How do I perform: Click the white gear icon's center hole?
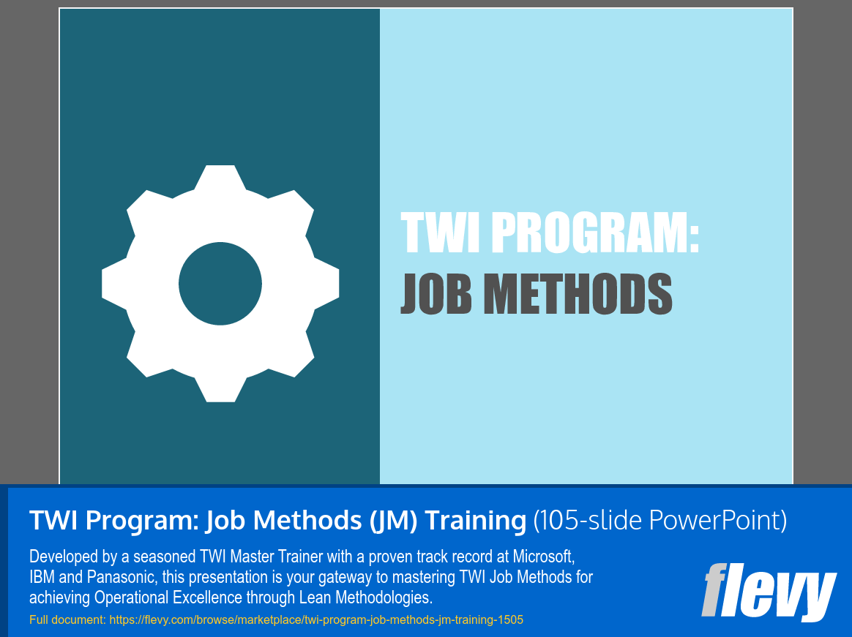(x=220, y=284)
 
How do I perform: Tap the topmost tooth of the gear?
(x=220, y=176)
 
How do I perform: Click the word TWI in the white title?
(x=440, y=233)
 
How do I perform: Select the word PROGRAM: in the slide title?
(x=595, y=233)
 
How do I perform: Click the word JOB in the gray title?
(x=436, y=294)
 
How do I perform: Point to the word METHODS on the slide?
(x=578, y=294)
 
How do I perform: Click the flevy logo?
(x=769, y=592)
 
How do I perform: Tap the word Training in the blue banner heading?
(x=476, y=520)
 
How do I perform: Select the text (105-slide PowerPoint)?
(x=659, y=520)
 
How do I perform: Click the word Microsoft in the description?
(x=543, y=557)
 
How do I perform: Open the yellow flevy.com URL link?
(x=316, y=619)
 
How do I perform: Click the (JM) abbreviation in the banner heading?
(x=393, y=520)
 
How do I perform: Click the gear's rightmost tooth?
(x=327, y=284)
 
